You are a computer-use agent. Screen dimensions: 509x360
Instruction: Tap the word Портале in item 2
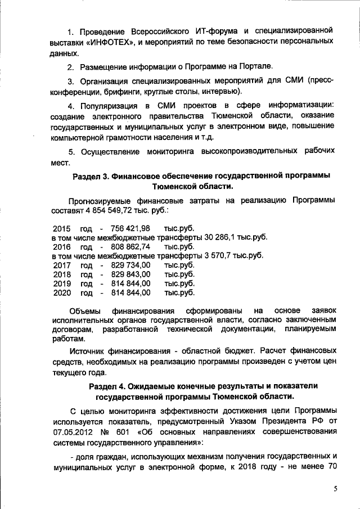[x=256, y=66]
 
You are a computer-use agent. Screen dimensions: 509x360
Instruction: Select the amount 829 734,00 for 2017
[x=130, y=265]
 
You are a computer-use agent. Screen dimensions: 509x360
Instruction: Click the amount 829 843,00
[x=130, y=274]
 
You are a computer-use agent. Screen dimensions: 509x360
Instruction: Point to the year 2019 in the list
[x=62, y=283]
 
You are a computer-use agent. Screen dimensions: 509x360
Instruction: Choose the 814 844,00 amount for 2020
[x=130, y=292]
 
